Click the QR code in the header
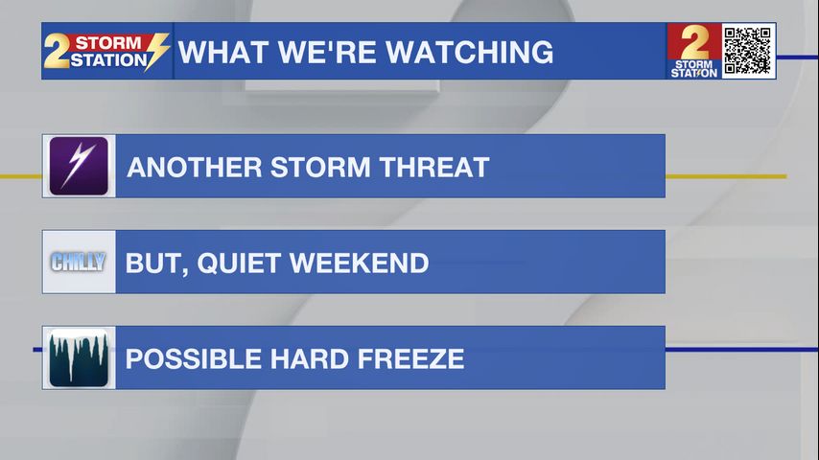(748, 51)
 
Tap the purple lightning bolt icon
(79, 166)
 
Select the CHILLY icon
(79, 262)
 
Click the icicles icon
(79, 357)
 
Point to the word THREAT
(434, 167)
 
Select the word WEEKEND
(359, 264)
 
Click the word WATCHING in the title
(470, 52)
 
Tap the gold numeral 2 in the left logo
(56, 51)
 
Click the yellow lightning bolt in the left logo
(156, 51)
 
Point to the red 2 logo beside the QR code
(694, 51)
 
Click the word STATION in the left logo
(108, 60)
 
